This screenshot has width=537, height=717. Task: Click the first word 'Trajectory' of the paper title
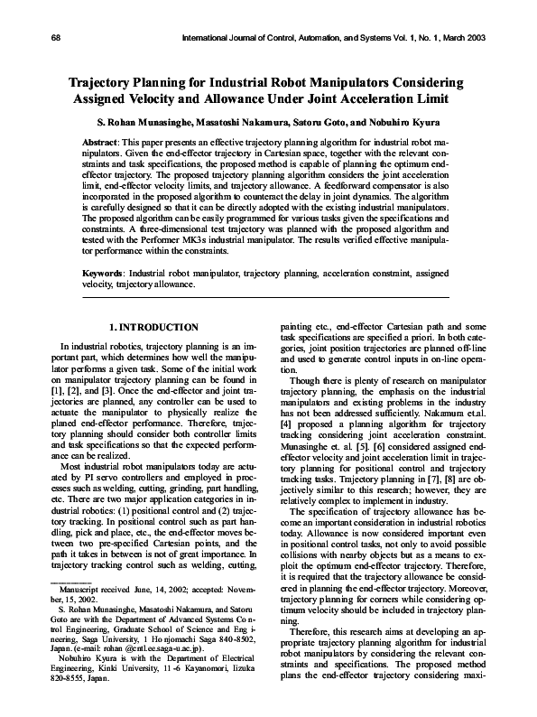[x=112, y=82]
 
